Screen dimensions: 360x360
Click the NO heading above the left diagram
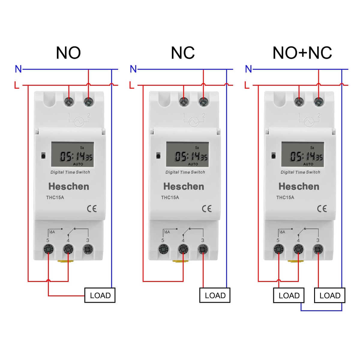click(68, 53)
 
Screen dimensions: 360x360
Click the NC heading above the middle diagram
click(183, 53)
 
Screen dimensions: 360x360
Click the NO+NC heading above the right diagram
click(302, 53)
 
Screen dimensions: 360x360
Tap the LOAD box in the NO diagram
click(100, 295)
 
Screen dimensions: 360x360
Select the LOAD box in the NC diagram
click(215, 295)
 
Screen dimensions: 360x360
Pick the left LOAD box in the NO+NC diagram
click(289, 295)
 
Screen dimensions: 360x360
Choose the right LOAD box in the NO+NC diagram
click(330, 295)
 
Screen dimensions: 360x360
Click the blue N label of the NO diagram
click(18, 69)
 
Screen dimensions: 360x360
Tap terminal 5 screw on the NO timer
click(48, 249)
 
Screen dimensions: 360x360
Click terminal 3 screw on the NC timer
click(203, 249)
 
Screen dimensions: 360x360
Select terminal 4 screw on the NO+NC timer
click(298, 249)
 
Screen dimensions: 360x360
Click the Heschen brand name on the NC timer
click(184, 186)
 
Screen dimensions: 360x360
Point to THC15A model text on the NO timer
click(55, 197)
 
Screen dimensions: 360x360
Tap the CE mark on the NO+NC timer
click(322, 209)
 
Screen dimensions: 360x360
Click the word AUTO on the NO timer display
click(78, 164)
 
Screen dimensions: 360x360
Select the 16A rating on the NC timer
click(167, 232)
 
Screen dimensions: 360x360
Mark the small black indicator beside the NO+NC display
click(274, 156)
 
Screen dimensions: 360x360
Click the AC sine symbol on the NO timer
click(79, 121)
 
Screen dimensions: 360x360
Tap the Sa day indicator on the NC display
click(197, 148)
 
